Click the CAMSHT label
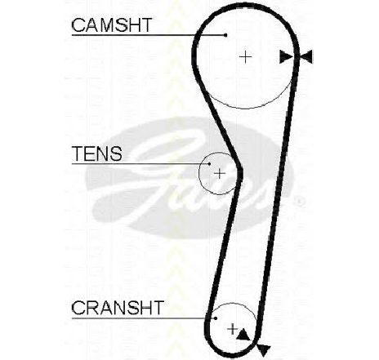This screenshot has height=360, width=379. (112, 25)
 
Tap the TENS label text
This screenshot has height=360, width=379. (97, 153)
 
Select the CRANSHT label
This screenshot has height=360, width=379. (118, 308)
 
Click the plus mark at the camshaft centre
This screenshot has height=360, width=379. (246, 57)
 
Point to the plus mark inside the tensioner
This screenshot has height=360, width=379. (220, 173)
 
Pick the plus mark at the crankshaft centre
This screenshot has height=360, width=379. (232, 329)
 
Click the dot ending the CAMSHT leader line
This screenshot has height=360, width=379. (225, 35)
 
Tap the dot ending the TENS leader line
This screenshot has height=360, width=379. (209, 164)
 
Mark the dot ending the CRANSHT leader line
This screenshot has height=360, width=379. (216, 318)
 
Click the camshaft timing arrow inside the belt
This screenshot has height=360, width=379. (285, 57)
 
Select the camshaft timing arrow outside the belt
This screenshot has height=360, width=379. (306, 57)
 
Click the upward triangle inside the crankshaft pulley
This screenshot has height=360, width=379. (243, 335)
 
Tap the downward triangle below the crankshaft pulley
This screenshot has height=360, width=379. (263, 350)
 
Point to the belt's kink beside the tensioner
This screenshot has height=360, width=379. (239, 171)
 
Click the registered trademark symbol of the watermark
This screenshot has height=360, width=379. (300, 202)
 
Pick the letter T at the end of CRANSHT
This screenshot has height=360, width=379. (158, 308)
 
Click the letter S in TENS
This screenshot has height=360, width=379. (116, 153)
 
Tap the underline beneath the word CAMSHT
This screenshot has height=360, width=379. (149, 35)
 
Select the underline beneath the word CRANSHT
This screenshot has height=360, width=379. (144, 318)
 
